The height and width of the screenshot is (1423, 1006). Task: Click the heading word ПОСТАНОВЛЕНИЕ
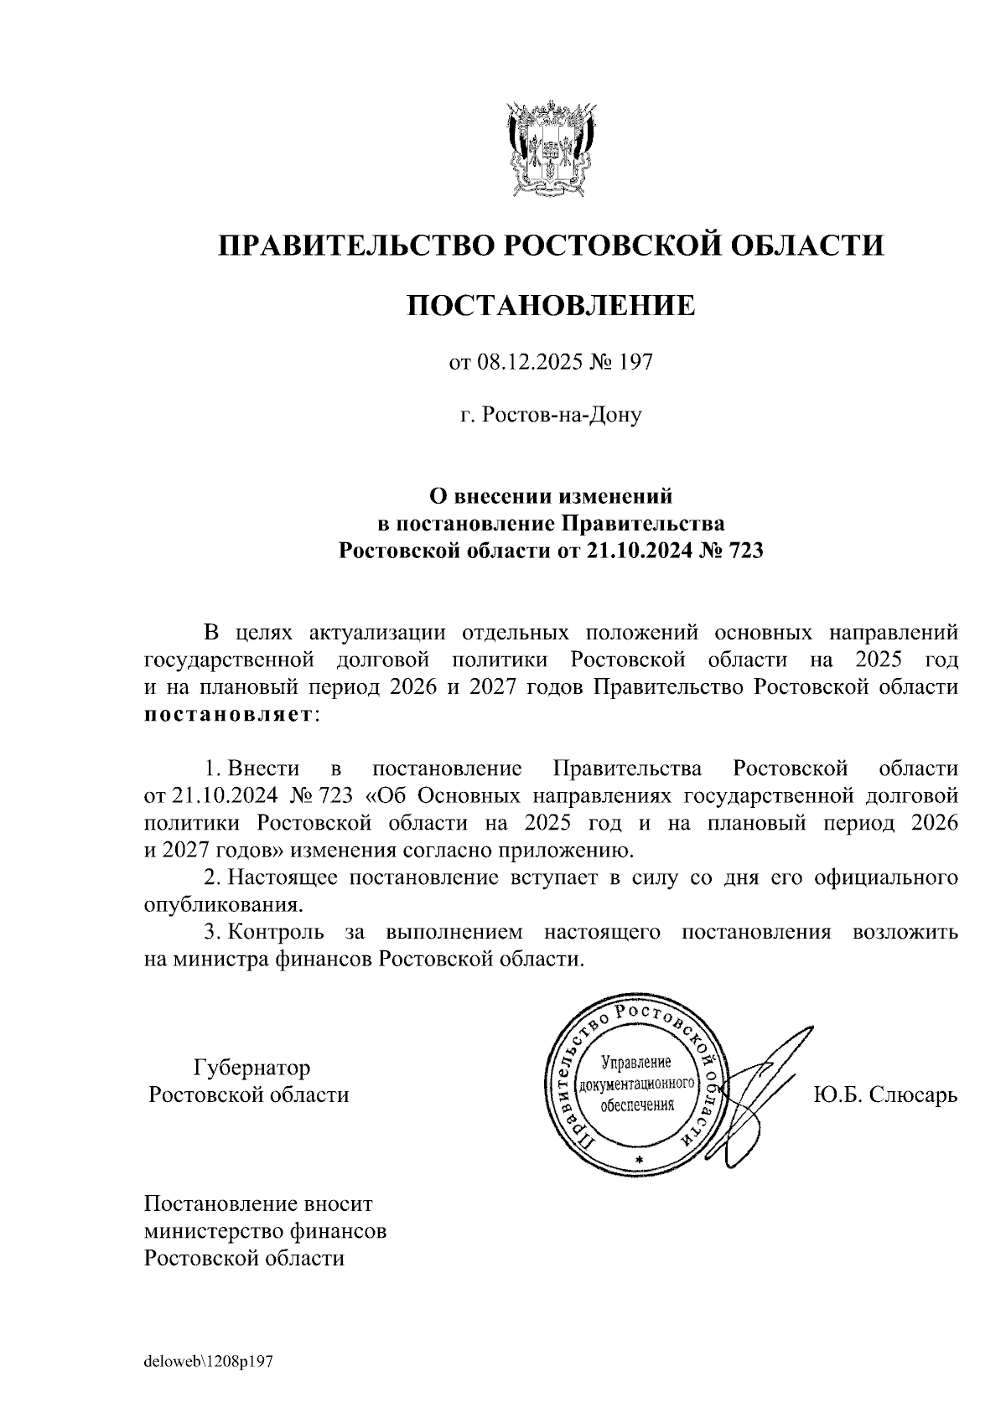tap(551, 305)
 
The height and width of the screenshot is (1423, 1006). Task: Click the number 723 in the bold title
tap(745, 551)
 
